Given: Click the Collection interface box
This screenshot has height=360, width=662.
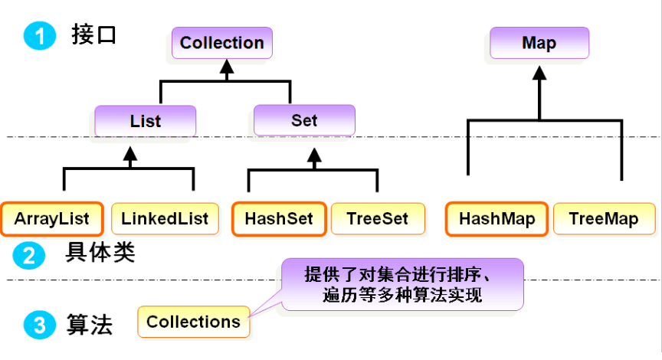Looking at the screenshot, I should [222, 43].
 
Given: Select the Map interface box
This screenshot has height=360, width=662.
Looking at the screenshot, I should [539, 43].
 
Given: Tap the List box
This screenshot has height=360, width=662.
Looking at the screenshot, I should [145, 121].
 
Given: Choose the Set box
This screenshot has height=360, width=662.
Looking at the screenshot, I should [304, 121].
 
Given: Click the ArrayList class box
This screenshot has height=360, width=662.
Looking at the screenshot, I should [51, 218].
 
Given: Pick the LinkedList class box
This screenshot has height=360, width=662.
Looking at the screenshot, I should [165, 218].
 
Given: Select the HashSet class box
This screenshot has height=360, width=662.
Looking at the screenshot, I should [279, 218].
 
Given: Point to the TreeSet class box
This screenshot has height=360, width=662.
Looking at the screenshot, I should [377, 218].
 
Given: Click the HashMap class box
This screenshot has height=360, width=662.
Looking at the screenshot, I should [496, 218].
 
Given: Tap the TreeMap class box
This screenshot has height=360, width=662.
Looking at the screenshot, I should [604, 218].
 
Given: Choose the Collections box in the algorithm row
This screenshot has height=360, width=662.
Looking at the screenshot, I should [193, 322].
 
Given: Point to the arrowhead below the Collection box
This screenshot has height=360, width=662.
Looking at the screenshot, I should [225, 70].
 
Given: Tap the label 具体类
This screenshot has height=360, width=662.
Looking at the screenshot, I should [100, 253].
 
